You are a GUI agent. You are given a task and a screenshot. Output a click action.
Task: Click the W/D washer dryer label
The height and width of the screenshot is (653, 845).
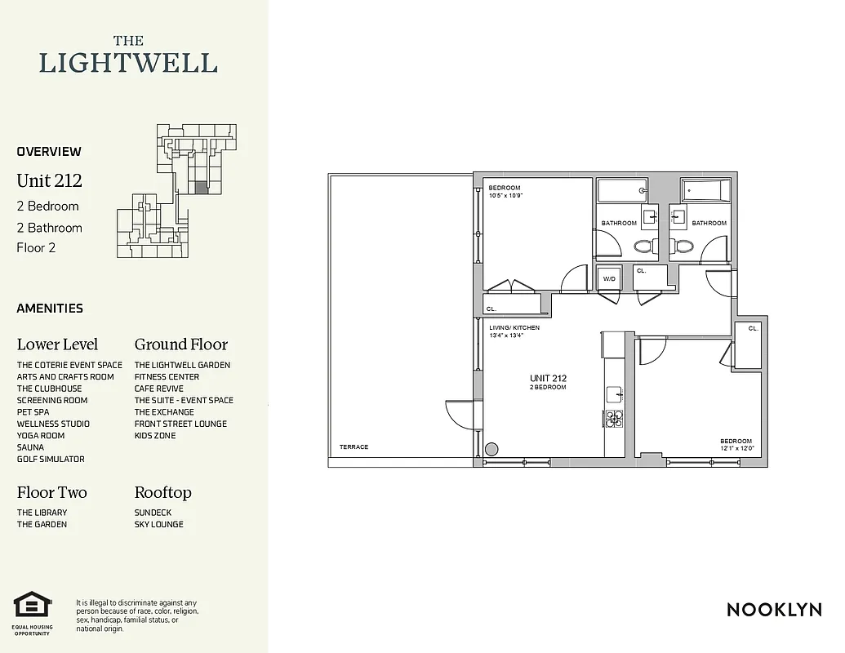(609, 279)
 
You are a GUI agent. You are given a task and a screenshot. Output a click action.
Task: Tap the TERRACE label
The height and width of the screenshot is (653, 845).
(354, 446)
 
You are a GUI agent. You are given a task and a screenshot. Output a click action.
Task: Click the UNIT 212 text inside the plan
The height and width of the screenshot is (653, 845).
(548, 378)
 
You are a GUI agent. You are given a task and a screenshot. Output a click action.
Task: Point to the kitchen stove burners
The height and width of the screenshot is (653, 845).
(614, 420)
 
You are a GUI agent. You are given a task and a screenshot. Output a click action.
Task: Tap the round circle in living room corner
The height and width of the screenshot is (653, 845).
(492, 448)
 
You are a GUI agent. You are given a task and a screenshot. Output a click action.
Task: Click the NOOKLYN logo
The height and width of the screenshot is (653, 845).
(774, 610)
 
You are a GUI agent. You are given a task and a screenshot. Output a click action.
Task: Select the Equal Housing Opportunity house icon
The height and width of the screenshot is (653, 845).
(32, 606)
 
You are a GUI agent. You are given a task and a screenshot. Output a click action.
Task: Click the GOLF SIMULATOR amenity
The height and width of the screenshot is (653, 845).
(51, 460)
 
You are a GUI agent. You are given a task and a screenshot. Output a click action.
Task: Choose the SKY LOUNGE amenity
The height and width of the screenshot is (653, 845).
(159, 524)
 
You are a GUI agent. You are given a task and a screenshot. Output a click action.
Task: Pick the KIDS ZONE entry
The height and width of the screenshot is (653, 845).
(155, 436)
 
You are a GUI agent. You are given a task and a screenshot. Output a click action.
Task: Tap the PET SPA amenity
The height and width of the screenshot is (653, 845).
(33, 412)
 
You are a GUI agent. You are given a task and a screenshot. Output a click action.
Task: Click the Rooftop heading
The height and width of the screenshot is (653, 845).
(163, 492)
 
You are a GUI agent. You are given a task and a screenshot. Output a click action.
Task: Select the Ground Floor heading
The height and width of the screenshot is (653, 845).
(181, 344)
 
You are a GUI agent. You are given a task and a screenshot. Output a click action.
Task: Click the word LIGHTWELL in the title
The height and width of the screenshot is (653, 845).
(128, 63)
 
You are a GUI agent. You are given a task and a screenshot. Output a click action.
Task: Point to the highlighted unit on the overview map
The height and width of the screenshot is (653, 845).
(201, 187)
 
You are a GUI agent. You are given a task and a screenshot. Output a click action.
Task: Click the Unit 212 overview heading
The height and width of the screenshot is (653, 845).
(50, 180)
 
